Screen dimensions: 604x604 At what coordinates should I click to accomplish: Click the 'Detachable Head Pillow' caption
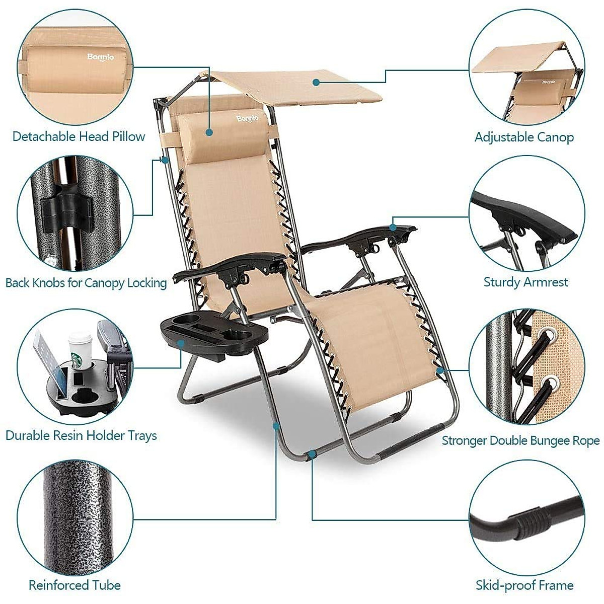(x=79, y=136)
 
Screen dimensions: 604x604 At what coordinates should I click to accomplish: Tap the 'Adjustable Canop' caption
(x=524, y=137)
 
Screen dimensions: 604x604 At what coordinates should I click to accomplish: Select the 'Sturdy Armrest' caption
(x=525, y=282)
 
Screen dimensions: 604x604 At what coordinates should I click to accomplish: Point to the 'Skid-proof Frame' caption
(x=524, y=585)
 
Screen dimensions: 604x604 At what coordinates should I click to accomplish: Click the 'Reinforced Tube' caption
(x=74, y=585)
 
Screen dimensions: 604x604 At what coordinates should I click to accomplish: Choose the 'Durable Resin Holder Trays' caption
(x=81, y=435)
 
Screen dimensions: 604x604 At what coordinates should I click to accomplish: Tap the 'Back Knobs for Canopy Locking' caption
(x=86, y=283)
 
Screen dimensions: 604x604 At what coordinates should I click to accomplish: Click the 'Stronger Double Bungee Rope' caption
(x=520, y=441)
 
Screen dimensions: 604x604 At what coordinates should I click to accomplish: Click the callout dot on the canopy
(x=316, y=81)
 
